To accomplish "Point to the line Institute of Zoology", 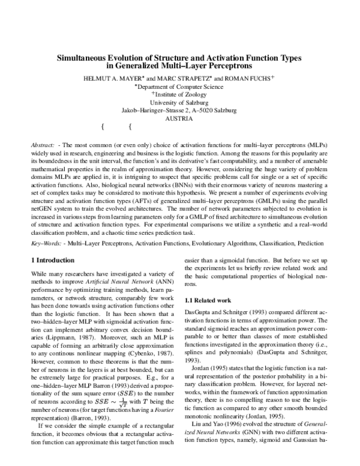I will pos(180,94).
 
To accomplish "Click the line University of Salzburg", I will pos(179,102).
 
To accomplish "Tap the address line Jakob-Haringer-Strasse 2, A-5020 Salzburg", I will pos(179,110).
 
